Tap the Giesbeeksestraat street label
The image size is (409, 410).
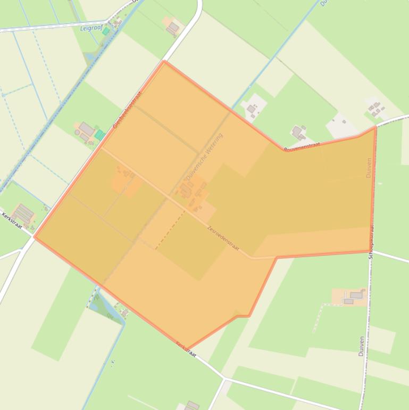[x=128, y=109]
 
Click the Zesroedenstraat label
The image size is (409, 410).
[x=223, y=238]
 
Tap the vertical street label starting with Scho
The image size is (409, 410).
[x=371, y=242]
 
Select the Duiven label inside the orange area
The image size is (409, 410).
[x=369, y=167]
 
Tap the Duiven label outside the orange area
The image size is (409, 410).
[x=362, y=346]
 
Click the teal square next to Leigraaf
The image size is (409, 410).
[x=106, y=31]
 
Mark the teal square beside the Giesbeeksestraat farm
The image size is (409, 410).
[x=99, y=135]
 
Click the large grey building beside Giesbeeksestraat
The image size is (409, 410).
[x=87, y=129]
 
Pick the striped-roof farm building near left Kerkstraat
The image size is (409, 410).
[x=23, y=214]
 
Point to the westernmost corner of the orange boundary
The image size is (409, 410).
[x=35, y=236]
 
